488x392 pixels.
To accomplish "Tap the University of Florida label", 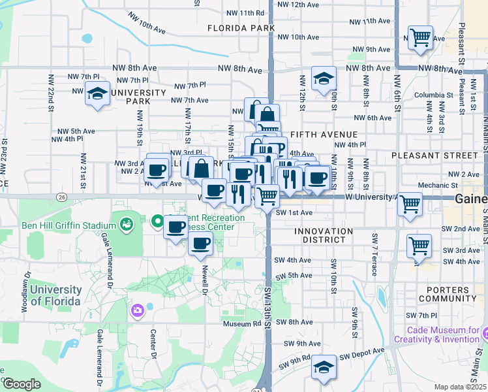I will (55, 295).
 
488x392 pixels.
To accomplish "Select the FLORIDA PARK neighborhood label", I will (241, 28).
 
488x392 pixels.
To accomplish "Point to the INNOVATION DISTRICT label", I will (324, 231).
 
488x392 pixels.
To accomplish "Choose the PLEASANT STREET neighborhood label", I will (435, 155).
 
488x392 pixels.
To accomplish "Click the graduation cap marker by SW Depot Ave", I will (324, 368).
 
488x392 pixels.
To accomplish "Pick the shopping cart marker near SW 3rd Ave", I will (419, 246).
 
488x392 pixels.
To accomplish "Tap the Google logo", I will (22, 384).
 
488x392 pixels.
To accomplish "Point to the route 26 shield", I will (61, 196).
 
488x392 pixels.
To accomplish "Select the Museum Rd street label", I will (241, 323).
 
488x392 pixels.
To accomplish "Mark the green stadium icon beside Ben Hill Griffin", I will (127, 225).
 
